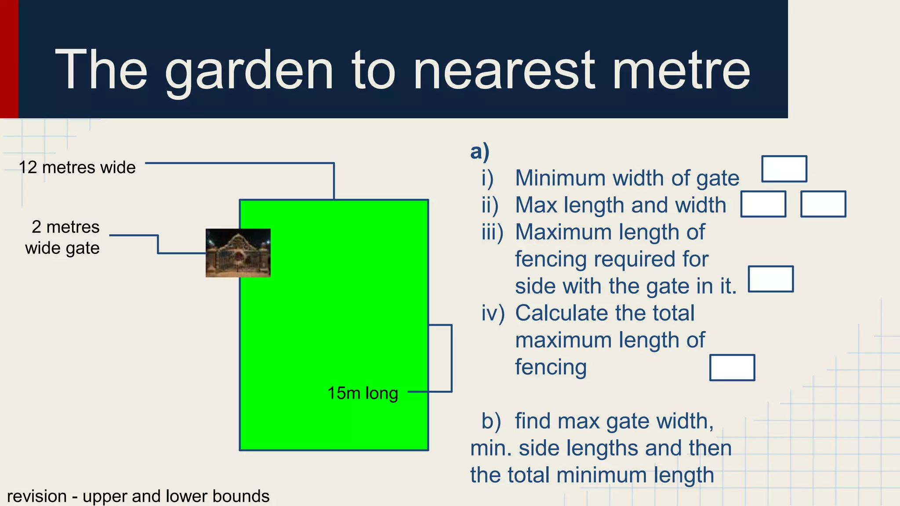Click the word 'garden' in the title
pos(249,71)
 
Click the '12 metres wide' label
pos(77,167)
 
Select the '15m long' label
pos(363,393)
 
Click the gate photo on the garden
pos(238,253)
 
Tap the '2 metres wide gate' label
pos(62,238)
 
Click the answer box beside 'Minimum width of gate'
pos(784,169)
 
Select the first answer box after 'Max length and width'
pos(763,204)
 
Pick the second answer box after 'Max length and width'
pos(823,204)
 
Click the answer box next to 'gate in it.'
pos(771,279)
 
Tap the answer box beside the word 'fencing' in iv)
pos(732,368)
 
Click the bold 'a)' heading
pos(479,152)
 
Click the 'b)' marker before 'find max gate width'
pos(491,421)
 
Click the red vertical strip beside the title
pos(9,59)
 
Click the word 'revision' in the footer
pos(37,496)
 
